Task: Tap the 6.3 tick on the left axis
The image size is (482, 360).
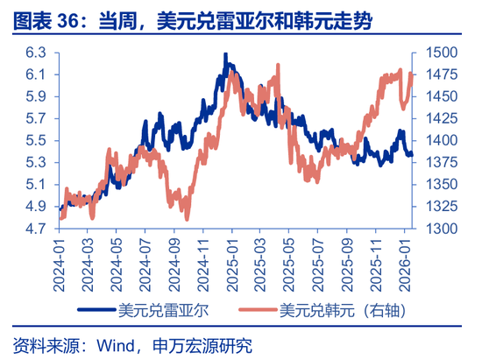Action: (35, 53)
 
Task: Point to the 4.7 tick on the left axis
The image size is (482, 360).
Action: (35, 229)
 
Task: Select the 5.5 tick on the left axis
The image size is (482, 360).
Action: (35, 140)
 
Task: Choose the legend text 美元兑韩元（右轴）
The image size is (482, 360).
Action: (344, 309)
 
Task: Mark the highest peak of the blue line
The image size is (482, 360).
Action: (226, 54)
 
